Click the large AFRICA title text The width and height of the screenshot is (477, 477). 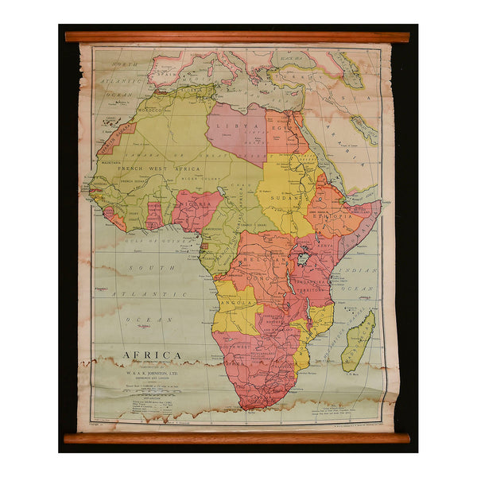tap(151, 355)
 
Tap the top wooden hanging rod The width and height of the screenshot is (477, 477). tap(237, 37)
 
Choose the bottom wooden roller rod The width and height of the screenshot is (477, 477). tap(237, 438)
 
